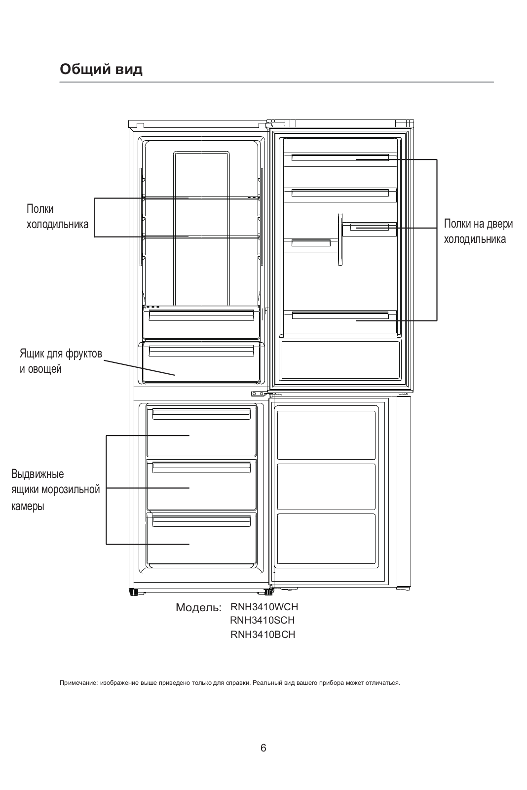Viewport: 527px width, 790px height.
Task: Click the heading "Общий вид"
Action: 101,69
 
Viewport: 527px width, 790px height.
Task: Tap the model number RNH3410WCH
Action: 264,607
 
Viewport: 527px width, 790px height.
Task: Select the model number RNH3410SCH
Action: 263,621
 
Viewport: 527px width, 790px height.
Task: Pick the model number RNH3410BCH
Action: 263,635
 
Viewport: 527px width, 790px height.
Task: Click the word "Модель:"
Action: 198,608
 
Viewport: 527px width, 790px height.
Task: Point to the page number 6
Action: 263,748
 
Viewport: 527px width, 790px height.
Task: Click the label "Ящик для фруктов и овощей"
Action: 61,361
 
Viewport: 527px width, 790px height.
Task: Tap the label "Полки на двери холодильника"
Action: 478,232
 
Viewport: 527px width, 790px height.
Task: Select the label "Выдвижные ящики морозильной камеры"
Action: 55,490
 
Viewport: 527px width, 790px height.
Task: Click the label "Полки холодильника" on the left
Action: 57,217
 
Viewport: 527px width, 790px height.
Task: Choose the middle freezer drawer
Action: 201,485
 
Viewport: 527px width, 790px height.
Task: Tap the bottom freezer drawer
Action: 201,539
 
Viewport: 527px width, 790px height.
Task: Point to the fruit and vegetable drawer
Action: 201,363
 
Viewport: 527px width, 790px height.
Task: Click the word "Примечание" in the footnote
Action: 78,683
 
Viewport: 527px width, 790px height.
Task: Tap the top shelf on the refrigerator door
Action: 340,158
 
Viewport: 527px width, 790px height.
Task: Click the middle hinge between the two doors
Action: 259,394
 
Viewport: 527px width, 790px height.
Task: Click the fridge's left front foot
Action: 133,592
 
